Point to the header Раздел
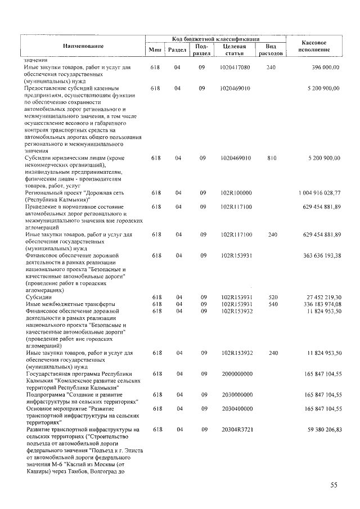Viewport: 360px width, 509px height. (177, 50)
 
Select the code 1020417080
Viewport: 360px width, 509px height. (236, 67)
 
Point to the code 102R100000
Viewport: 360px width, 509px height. (236, 193)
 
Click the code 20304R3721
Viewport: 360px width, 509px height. (236, 430)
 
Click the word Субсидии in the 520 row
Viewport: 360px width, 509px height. (39, 297)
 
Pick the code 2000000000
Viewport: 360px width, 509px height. (237, 373)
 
